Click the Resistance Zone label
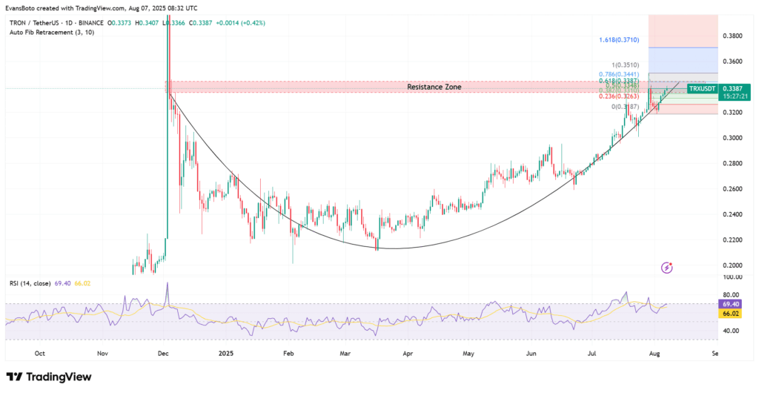click(434, 87)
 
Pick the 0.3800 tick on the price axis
click(732, 36)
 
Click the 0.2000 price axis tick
click(732, 265)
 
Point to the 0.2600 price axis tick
click(732, 189)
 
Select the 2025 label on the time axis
click(225, 354)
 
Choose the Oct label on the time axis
click(40, 354)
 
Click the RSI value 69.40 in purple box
click(731, 304)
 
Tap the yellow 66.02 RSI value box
click(731, 314)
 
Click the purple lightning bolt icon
click(666, 267)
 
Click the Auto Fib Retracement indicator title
click(43, 33)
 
